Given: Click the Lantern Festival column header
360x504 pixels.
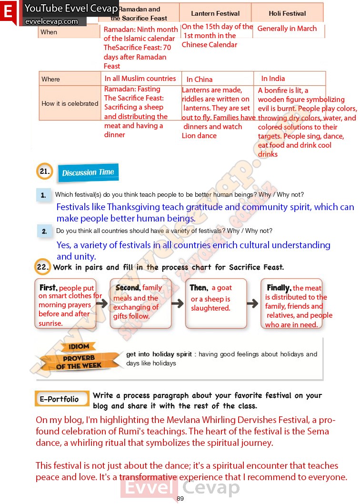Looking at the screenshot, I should point(215,13).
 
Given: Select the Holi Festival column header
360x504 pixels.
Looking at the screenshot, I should point(287,13).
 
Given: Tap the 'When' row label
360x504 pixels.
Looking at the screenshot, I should point(49,32).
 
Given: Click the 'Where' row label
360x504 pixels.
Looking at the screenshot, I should point(51,79).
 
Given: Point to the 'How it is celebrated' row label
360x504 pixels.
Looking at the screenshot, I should point(70,103).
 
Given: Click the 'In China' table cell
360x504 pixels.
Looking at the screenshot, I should point(200,80).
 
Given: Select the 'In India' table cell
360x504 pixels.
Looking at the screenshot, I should point(273,79).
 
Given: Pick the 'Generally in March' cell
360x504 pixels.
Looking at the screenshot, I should point(287,29).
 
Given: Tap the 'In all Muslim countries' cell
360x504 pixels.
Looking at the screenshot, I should point(140,79).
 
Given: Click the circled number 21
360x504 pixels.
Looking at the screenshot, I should point(45,171).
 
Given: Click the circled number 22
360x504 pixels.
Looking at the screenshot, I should point(43,267).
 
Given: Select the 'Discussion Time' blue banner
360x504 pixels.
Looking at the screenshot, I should point(88,172).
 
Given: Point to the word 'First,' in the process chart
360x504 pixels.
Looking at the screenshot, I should point(48,288).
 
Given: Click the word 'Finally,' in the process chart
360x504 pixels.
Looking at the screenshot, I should point(279,288).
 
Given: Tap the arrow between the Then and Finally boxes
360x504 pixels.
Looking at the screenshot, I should point(252,303).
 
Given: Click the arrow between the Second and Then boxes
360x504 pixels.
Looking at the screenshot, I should point(177,303).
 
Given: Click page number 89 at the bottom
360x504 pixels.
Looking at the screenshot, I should point(180,499).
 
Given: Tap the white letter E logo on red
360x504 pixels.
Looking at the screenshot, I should point(8,12).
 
